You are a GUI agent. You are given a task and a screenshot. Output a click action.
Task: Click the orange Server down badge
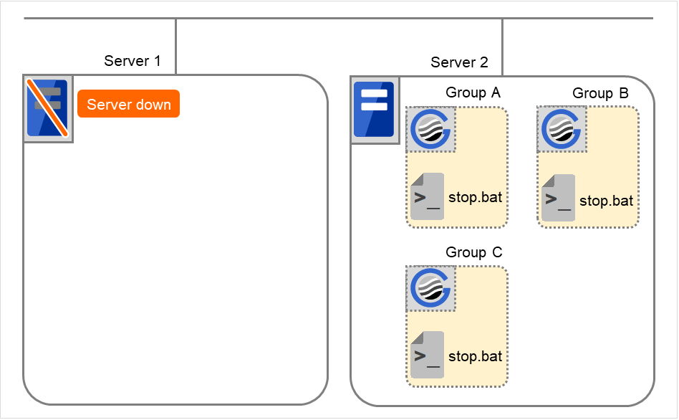coord(129,105)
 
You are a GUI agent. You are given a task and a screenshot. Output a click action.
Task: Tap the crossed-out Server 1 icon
coord(48,108)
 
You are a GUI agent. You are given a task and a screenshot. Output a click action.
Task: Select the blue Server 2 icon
coord(375,109)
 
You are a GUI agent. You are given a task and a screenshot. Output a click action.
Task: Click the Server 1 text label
coord(133,61)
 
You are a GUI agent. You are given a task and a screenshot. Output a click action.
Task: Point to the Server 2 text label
coord(459,62)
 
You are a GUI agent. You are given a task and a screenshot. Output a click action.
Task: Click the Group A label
coord(473,92)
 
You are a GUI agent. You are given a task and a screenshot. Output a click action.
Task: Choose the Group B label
coord(600,93)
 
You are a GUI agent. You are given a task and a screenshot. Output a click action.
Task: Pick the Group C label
coord(473,252)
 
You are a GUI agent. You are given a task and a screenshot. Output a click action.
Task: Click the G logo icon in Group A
coord(430,130)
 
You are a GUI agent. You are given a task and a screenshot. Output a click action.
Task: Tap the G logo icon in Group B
coord(562,130)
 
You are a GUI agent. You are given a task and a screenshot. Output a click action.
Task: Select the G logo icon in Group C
coord(430,289)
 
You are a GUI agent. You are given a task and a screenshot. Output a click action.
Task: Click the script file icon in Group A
coord(428,196)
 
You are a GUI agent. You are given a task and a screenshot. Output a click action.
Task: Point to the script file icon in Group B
coord(558,198)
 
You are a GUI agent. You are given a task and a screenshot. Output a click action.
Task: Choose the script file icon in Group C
coord(428,354)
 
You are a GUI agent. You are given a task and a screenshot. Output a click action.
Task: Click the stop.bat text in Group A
coord(475,197)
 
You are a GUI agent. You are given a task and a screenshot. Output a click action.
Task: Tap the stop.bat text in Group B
coord(606,201)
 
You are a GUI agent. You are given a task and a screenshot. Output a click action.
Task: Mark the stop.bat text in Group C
coord(475,356)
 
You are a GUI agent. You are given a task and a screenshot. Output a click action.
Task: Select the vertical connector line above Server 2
coord(502,46)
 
